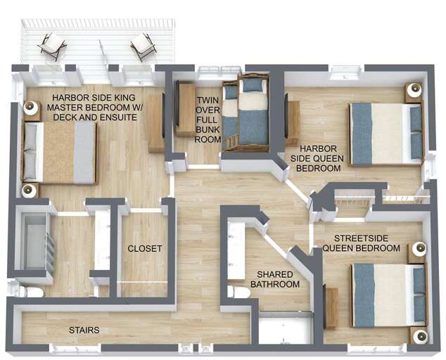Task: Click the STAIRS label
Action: pyautogui.click(x=84, y=330)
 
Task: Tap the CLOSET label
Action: pyautogui.click(x=145, y=248)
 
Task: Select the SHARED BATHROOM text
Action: pyautogui.click(x=275, y=279)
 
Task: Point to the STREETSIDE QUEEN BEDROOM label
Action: pyautogui.click(x=362, y=243)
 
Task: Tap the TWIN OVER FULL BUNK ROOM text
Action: pyautogui.click(x=208, y=120)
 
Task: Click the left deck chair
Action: pyautogui.click(x=53, y=46)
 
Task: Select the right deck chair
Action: pyautogui.click(x=144, y=46)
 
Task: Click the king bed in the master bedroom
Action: pyautogui.click(x=59, y=153)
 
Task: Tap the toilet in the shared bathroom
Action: pyautogui.click(x=238, y=292)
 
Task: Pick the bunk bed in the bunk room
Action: pyautogui.click(x=246, y=113)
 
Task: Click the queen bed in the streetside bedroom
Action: pyautogui.click(x=390, y=295)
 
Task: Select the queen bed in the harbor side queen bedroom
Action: pyautogui.click(x=386, y=134)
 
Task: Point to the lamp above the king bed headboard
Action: pyautogui.click(x=30, y=108)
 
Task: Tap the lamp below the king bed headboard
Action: pyautogui.click(x=29, y=191)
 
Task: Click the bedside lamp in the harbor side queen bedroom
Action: pyautogui.click(x=414, y=89)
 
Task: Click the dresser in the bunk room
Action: pyautogui.click(x=185, y=108)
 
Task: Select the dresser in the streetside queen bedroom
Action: pyautogui.click(x=331, y=309)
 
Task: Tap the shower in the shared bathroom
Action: pyautogui.click(x=286, y=329)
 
